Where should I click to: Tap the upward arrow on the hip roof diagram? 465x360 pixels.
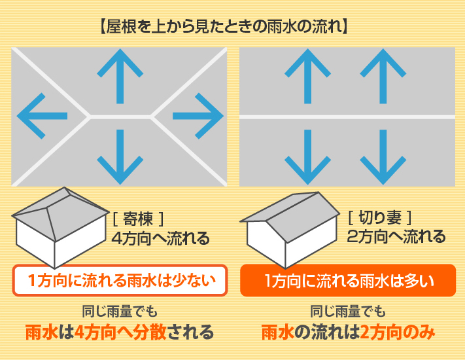120,77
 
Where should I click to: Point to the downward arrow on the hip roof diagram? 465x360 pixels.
120,156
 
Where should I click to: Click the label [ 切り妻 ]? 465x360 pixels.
380,217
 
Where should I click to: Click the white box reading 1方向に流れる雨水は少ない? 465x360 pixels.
120,281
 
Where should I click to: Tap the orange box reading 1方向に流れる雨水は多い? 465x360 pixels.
347,281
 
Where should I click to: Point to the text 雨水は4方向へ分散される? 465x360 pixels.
120,333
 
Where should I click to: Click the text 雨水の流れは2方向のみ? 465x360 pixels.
347,333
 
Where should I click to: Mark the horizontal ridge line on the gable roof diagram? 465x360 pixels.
347,117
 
